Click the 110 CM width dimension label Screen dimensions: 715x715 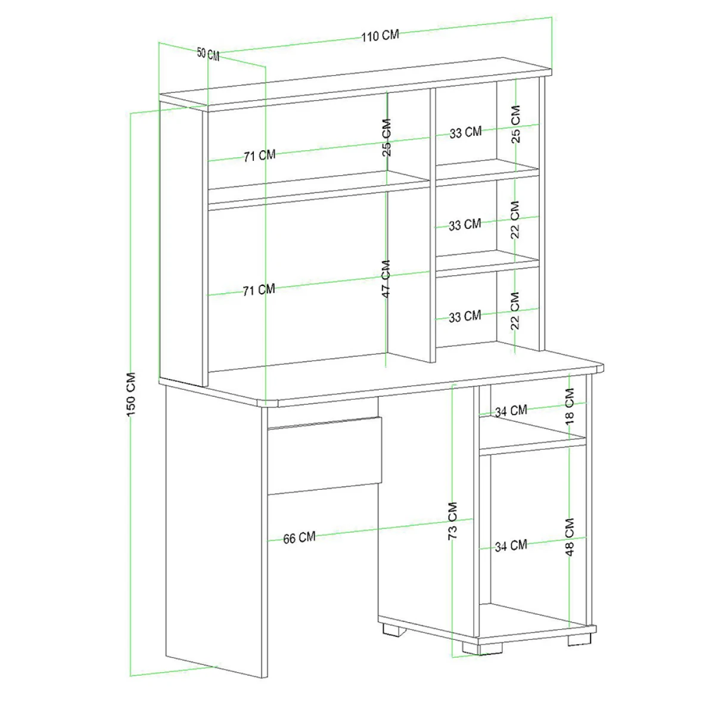tap(380, 36)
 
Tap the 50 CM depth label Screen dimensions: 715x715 tap(208, 54)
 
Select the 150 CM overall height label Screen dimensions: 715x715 tap(131, 394)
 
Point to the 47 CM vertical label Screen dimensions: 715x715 tap(386, 279)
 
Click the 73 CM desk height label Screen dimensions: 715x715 tap(453, 521)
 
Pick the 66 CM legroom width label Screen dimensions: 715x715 tap(299, 537)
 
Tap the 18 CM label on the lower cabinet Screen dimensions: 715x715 tap(570, 406)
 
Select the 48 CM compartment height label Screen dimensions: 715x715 tap(570, 537)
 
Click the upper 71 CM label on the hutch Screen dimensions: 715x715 tap(260, 156)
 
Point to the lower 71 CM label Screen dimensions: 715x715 tap(259, 290)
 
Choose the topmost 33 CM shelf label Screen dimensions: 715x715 tap(466, 132)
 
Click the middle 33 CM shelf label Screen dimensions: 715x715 tap(465, 225)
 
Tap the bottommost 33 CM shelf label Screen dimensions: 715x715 tap(465, 316)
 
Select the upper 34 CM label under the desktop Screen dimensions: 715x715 tap(511, 411)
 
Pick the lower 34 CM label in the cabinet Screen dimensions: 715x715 tap(511, 546)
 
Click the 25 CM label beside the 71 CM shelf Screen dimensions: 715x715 tap(386, 138)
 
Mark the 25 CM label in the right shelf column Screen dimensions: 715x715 tap(515, 125)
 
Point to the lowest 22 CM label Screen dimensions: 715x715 tap(515, 311)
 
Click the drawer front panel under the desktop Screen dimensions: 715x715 tap(325, 456)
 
